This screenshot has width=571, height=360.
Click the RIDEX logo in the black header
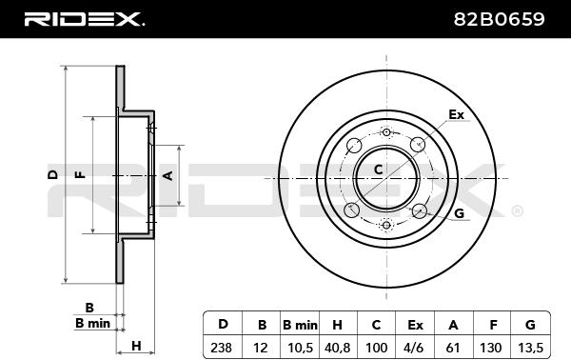point(84,19)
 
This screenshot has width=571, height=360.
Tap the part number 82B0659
point(499,19)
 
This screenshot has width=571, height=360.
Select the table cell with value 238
point(221,348)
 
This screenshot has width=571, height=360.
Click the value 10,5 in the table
point(300,348)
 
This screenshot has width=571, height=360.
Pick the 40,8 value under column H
point(337,348)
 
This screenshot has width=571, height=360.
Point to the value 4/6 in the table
point(414,348)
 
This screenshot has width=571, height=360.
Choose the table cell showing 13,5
point(530,348)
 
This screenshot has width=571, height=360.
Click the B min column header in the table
point(300,325)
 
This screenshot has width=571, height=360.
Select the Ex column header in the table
point(415,325)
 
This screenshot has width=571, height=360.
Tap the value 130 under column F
point(490,348)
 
